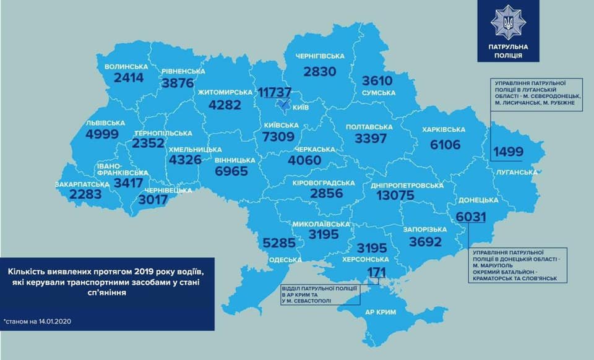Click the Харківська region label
(x=444, y=130)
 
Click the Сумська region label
(x=378, y=93)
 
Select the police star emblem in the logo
(x=507, y=22)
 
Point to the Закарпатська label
(x=74, y=184)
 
